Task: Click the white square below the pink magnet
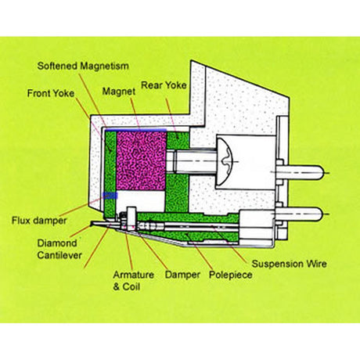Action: (145, 199)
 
